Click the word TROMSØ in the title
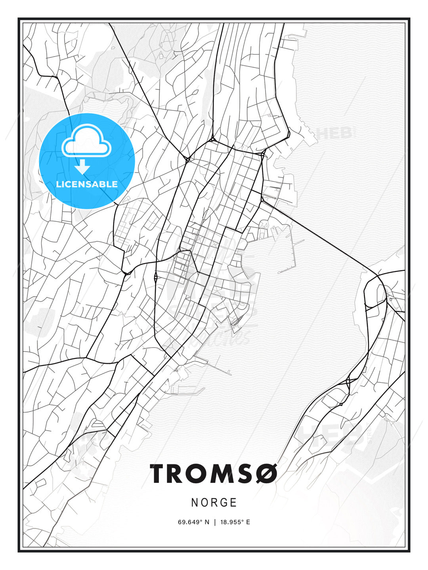[214, 474]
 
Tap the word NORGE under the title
[214, 503]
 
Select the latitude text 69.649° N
[193, 522]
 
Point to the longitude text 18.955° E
[234, 522]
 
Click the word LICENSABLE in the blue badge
[87, 184]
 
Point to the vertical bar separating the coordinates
[215, 522]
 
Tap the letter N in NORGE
[195, 503]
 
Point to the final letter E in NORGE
[234, 503]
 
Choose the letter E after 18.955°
[248, 522]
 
